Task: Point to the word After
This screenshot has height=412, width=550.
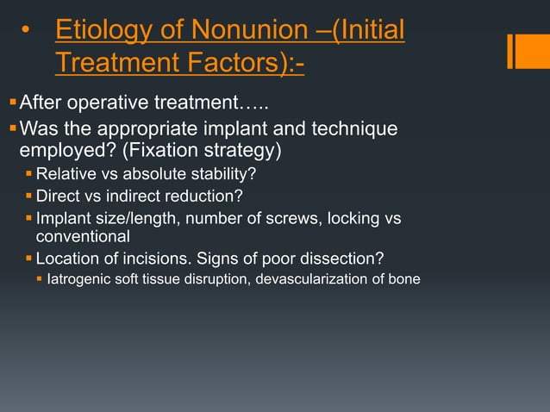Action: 42,105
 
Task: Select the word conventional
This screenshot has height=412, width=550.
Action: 83,235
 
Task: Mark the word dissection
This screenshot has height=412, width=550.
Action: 342,258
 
